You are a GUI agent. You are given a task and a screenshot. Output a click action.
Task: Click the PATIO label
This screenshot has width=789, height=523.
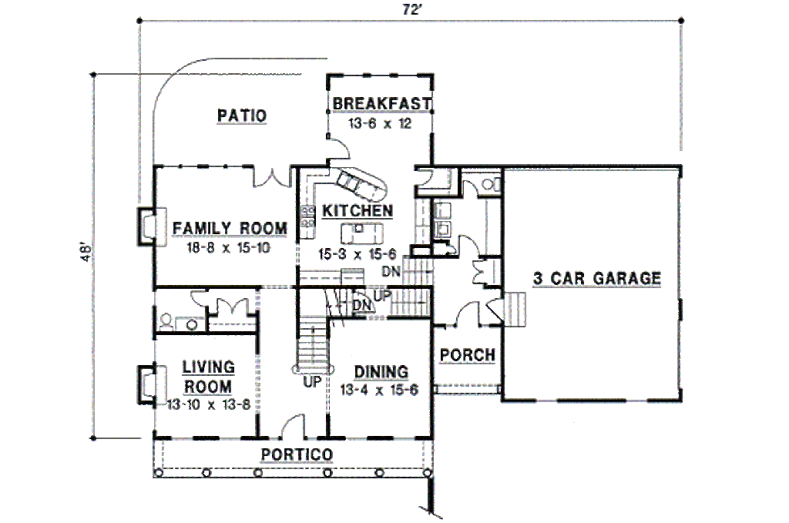click(x=242, y=116)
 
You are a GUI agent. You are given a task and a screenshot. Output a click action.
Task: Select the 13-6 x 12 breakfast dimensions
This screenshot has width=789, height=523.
click(x=380, y=122)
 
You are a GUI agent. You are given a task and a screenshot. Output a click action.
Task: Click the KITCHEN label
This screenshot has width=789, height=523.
click(x=358, y=210)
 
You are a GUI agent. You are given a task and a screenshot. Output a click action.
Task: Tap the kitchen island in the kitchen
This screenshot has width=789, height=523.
click(x=360, y=230)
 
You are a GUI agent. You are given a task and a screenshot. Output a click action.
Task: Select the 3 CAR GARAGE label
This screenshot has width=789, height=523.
click(x=597, y=278)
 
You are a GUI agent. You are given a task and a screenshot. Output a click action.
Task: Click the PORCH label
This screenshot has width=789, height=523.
click(x=467, y=355)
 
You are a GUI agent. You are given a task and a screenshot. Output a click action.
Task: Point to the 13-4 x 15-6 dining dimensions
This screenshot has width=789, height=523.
click(x=379, y=391)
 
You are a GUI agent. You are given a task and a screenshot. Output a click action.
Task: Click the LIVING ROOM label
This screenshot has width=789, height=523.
click(x=208, y=377)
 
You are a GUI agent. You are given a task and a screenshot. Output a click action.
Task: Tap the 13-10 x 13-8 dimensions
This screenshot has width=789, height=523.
click(x=209, y=404)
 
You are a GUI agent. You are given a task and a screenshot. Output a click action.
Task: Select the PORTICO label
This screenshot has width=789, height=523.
click(x=297, y=454)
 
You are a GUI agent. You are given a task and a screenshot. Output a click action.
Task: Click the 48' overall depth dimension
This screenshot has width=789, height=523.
click(x=86, y=255)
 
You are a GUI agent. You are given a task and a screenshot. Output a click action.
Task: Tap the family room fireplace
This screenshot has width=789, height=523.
click(x=146, y=228)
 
